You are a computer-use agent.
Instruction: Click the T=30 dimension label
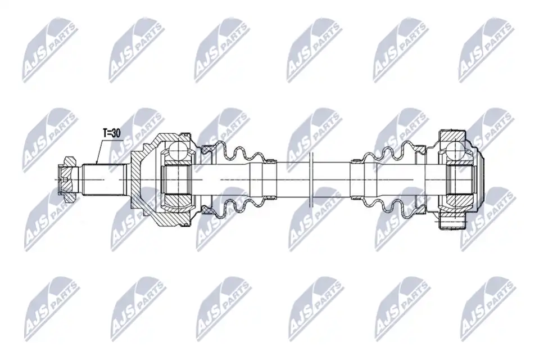[x=112, y=133]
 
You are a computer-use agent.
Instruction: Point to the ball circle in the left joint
[x=178, y=151]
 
